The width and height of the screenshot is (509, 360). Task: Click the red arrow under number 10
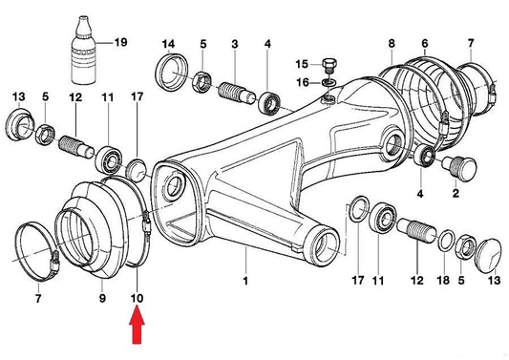(137, 326)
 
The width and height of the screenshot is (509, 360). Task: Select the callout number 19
(120, 42)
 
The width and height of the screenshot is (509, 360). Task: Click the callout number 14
(168, 44)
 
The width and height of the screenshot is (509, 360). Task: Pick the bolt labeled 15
(329, 66)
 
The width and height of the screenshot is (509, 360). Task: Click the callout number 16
(303, 82)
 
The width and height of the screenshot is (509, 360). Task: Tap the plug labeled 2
(459, 168)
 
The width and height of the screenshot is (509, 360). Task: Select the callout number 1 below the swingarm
(245, 280)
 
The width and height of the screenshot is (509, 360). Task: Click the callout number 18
(443, 280)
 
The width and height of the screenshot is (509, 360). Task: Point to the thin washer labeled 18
(447, 241)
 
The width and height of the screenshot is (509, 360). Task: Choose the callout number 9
(102, 297)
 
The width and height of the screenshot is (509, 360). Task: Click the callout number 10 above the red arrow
(137, 297)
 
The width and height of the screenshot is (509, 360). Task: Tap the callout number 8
(392, 44)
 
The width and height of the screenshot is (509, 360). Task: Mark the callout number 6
(425, 43)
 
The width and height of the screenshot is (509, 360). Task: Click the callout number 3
(235, 44)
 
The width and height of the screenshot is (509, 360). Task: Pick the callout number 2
(456, 194)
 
